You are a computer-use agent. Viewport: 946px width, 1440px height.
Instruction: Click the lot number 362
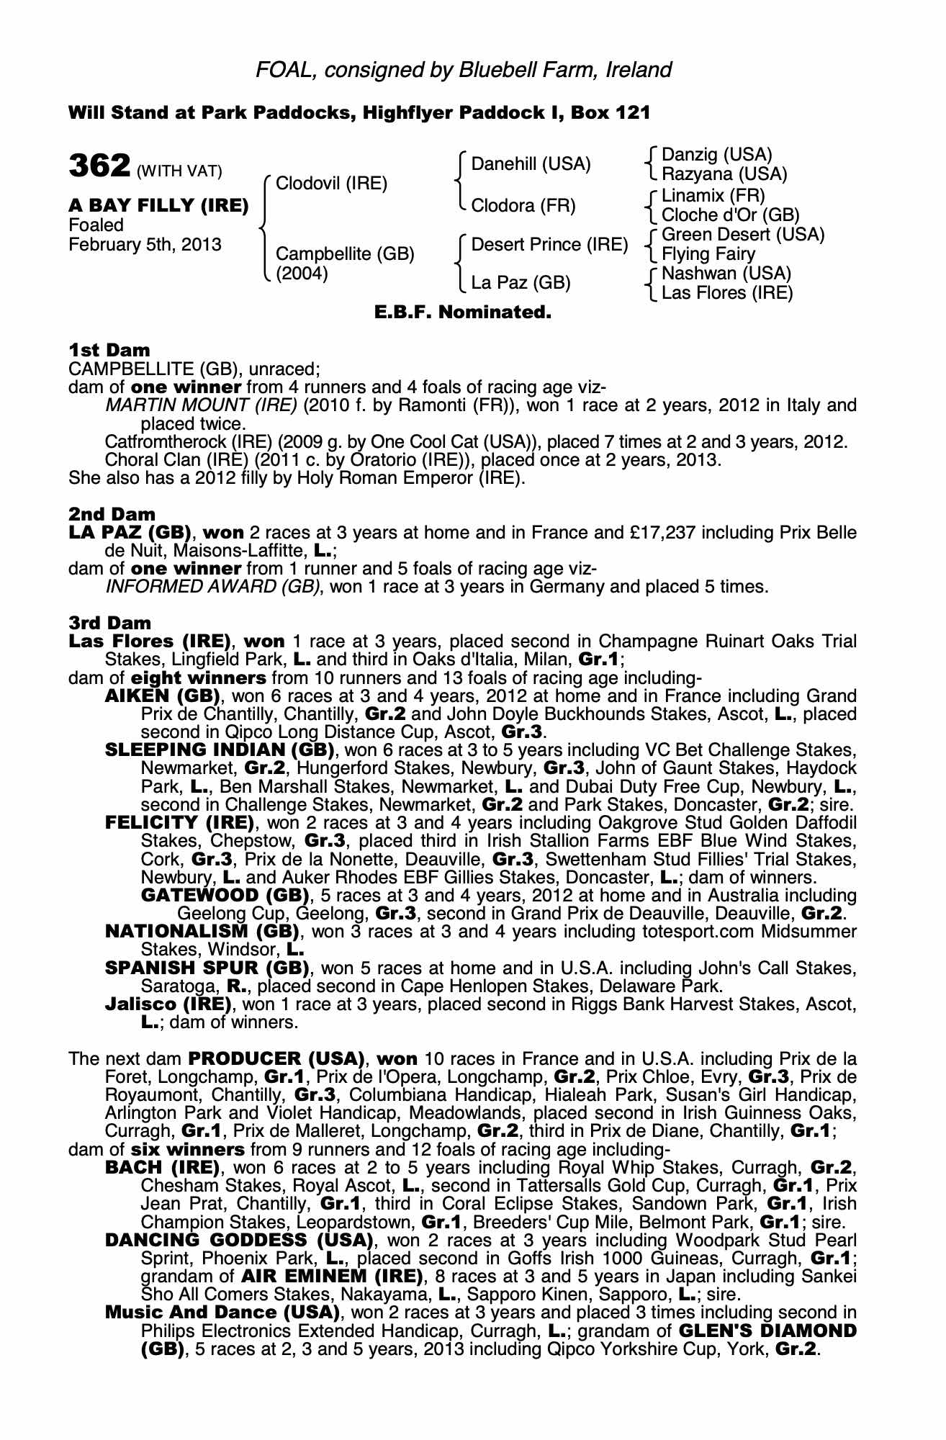[99, 166]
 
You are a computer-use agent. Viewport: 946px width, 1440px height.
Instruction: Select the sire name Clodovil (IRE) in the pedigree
[331, 184]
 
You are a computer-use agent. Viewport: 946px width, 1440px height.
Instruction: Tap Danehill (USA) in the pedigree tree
[531, 164]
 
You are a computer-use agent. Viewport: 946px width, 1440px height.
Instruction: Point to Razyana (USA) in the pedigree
[724, 174]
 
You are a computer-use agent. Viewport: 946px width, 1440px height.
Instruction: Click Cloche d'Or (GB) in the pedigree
[730, 215]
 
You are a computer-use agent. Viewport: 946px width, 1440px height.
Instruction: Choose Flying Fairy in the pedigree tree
[708, 254]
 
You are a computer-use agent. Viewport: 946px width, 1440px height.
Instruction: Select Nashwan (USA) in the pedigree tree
[726, 274]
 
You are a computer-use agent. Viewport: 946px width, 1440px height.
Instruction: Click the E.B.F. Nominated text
[463, 313]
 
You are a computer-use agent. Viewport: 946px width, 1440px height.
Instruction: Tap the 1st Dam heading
[109, 351]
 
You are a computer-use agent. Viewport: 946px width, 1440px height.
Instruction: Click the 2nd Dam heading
[112, 514]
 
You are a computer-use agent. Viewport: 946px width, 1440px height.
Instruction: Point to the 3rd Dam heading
[110, 623]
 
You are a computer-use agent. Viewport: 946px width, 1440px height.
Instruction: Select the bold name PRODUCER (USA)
[274, 1059]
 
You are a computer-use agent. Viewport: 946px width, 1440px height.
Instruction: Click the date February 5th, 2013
[145, 244]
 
